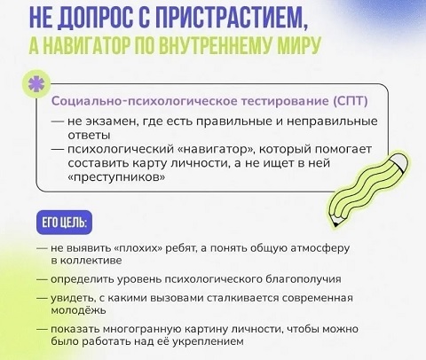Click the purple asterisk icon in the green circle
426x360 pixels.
(36, 84)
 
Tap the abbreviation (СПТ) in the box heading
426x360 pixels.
(351, 101)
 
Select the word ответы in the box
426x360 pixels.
(89, 136)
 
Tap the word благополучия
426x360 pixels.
(304, 279)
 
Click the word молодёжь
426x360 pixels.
(78, 310)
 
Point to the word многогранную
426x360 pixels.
(142, 329)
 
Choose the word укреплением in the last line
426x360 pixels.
(208, 341)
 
